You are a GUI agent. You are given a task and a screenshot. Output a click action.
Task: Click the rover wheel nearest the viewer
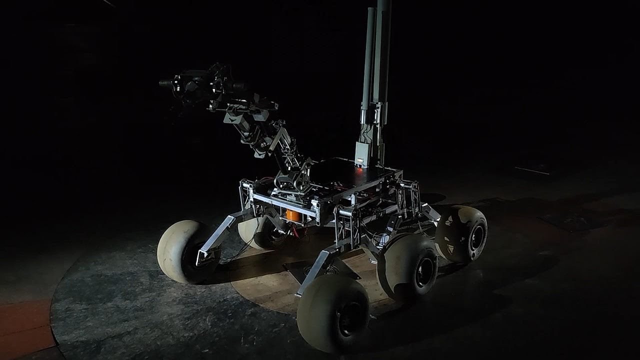[x=332, y=313]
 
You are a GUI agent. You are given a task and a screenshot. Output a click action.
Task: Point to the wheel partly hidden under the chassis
[x=257, y=232]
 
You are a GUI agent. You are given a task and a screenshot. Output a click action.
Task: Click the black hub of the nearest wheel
[x=350, y=317]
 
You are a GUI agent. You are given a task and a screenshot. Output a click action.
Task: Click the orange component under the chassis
[x=293, y=216]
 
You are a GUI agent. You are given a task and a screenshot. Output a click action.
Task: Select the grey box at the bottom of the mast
[x=363, y=152]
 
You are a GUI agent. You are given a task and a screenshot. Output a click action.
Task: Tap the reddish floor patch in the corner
[x=25, y=325]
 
